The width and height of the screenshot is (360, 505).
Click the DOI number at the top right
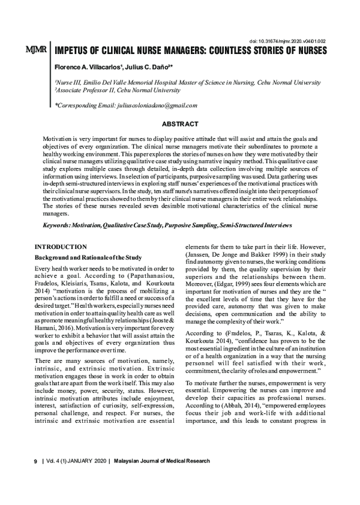coord(293,40)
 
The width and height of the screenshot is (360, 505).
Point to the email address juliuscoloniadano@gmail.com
coord(158,106)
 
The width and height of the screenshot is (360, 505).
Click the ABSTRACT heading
coord(180,124)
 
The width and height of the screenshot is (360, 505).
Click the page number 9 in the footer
coord(35,461)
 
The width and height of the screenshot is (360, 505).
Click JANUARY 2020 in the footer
coord(88,461)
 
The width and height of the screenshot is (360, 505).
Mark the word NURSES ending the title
coord(307,50)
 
